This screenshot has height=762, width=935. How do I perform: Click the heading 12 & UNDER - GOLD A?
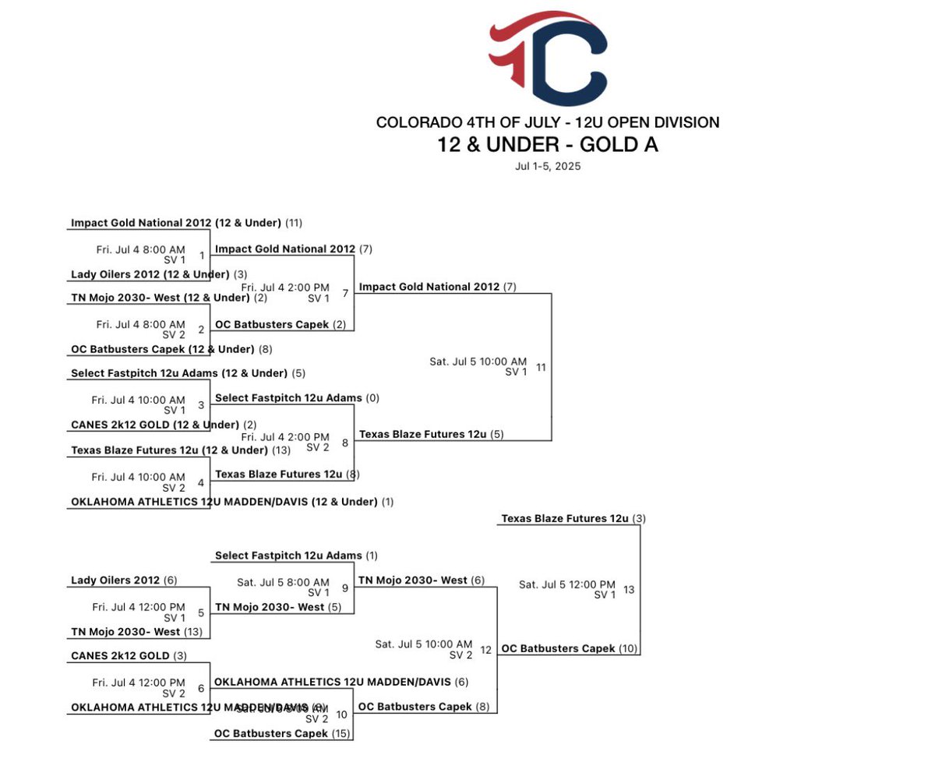pyautogui.click(x=547, y=144)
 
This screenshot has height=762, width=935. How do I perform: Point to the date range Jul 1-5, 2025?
pyautogui.click(x=547, y=166)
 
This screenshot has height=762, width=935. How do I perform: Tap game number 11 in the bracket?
pyautogui.click(x=541, y=366)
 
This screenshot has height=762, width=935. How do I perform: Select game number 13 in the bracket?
pyautogui.click(x=629, y=589)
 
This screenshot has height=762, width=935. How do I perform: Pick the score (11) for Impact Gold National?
pyautogui.click(x=294, y=223)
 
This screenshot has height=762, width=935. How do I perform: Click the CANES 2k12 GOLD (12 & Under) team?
pyautogui.click(x=154, y=425)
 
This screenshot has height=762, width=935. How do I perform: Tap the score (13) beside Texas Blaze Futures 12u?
pyautogui.click(x=282, y=450)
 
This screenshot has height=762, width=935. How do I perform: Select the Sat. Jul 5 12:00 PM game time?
pyautogui.click(x=567, y=584)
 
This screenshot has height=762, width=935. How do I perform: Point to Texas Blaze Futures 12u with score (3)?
pyautogui.click(x=564, y=518)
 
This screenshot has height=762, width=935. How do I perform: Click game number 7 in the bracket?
pyautogui.click(x=345, y=293)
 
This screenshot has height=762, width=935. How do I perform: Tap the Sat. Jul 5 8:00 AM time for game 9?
pyautogui.click(x=283, y=582)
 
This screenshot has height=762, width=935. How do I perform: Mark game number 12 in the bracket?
pyautogui.click(x=486, y=649)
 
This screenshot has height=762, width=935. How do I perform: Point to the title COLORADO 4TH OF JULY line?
pyautogui.click(x=547, y=122)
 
